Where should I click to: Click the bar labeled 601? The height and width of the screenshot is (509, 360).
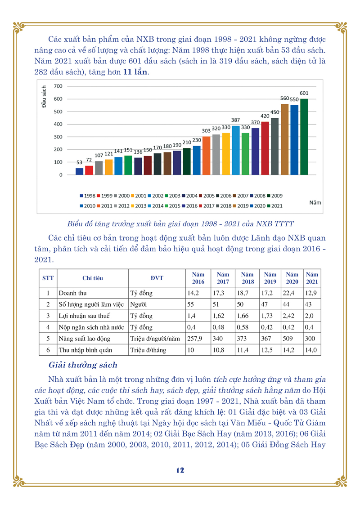pyautogui.click(x=304, y=137)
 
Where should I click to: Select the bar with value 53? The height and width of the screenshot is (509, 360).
pyautogui.click(x=79, y=171)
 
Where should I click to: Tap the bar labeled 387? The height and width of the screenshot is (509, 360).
pyautogui.click(x=236, y=150)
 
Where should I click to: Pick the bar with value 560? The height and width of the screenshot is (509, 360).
pyautogui.click(x=284, y=139)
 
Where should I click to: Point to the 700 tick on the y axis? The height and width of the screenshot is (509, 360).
pyautogui.click(x=58, y=86)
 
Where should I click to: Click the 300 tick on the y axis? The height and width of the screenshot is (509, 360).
pyautogui.click(x=58, y=137)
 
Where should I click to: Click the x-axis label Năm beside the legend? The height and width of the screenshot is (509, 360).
pyautogui.click(x=315, y=203)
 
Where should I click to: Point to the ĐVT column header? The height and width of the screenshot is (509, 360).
pyautogui.click(x=157, y=278)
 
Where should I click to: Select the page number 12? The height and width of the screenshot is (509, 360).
pyautogui.click(x=180, y=470)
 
